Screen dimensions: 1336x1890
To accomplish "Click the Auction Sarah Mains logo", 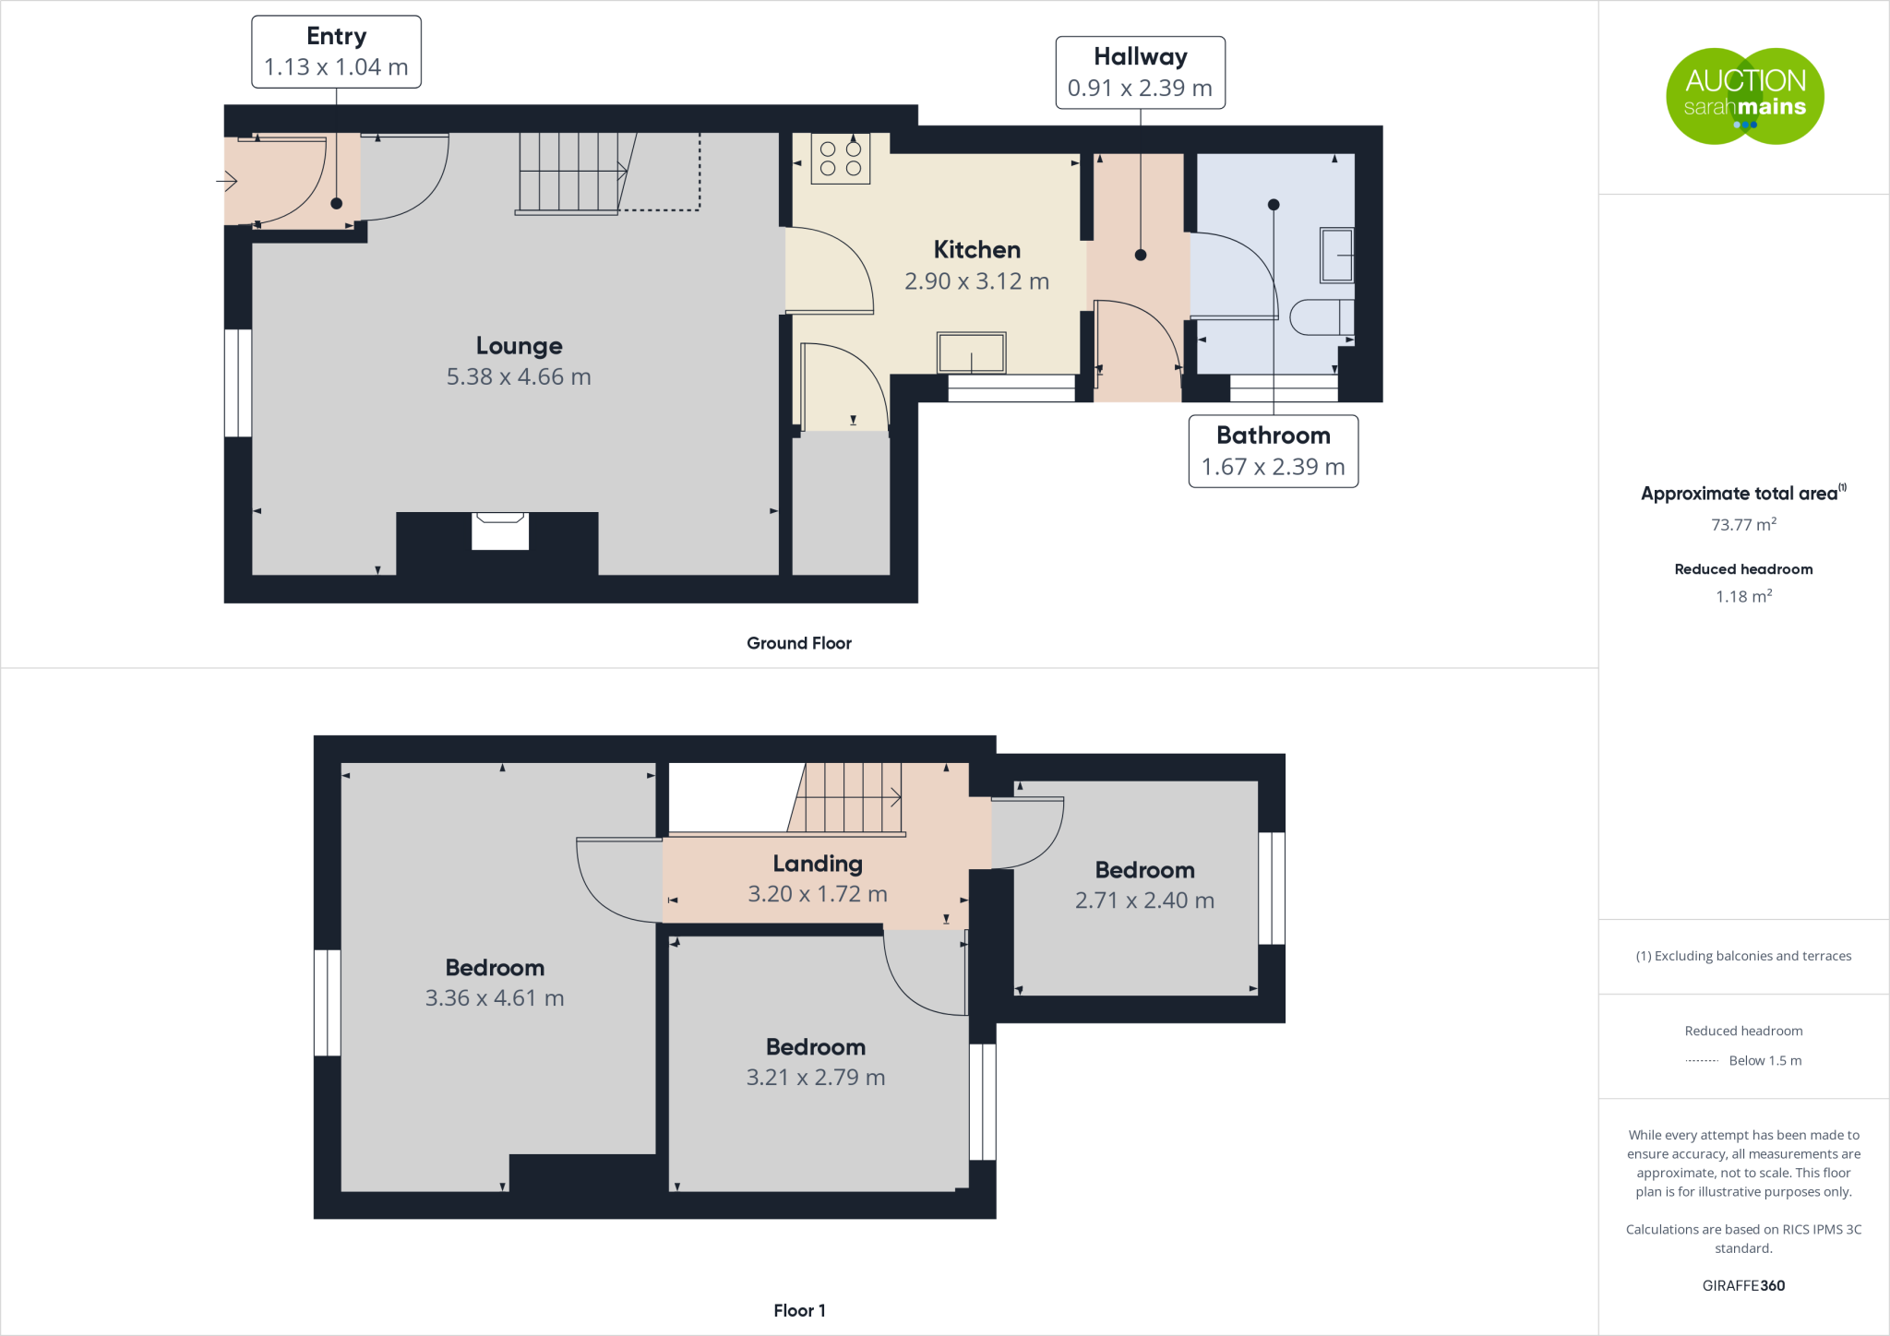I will pyautogui.click(x=1744, y=96).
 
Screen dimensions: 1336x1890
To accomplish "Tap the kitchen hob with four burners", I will pyautogui.click(x=841, y=159).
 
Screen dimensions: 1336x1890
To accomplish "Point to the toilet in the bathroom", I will pyautogui.click(x=1321, y=316).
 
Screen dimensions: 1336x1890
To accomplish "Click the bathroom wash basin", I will pyautogui.click(x=1336, y=255).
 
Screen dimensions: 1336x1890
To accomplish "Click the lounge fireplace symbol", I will pyautogui.click(x=500, y=531).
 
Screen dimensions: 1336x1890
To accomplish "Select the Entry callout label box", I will pyautogui.click(x=336, y=52).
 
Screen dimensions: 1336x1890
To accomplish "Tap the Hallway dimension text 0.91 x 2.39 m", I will pyautogui.click(x=1140, y=89).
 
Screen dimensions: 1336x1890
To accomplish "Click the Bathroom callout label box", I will pyautogui.click(x=1273, y=451).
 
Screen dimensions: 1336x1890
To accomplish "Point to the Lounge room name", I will pyautogui.click(x=519, y=346).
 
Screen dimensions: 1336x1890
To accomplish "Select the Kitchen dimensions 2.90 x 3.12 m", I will pyautogui.click(x=976, y=281).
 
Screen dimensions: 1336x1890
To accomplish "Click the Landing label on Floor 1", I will pyautogui.click(x=818, y=864).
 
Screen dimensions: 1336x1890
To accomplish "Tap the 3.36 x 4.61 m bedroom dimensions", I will pyautogui.click(x=495, y=998).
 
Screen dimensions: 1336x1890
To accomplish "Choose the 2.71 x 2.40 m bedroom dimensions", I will pyautogui.click(x=1144, y=901).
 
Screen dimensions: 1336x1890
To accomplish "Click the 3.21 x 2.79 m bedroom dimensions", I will pyautogui.click(x=816, y=1078).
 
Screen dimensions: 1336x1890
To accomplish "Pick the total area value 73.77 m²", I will pyautogui.click(x=1743, y=525).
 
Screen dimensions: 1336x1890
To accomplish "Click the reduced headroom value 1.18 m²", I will pyautogui.click(x=1743, y=597).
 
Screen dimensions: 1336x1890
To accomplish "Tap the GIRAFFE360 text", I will pyautogui.click(x=1743, y=1285).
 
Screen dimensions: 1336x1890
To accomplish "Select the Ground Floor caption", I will pyautogui.click(x=799, y=643).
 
